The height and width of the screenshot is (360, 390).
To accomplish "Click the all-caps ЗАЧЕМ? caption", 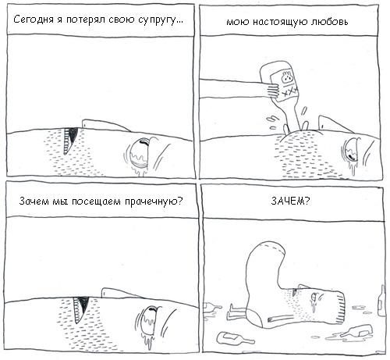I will [289, 201].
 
